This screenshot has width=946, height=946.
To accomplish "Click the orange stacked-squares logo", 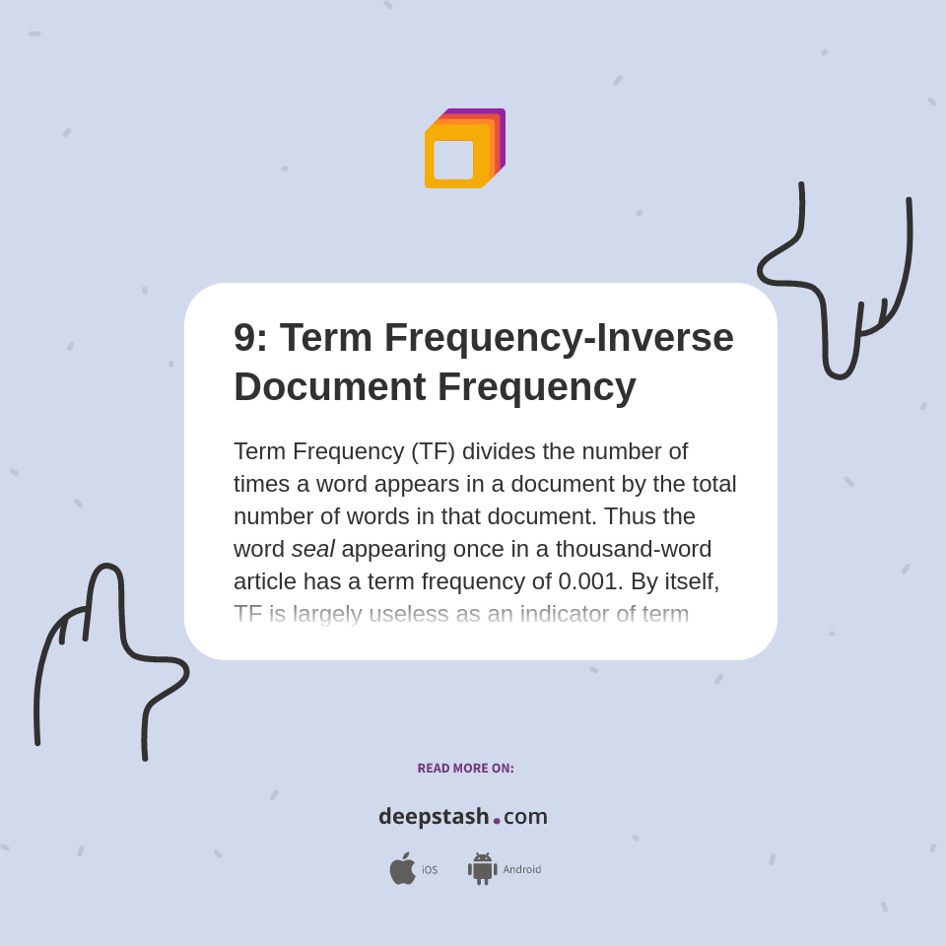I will pyautogui.click(x=463, y=149).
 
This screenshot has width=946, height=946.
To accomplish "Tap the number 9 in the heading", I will pyautogui.click(x=243, y=338).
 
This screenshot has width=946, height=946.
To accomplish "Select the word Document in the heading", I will pyautogui.click(x=329, y=387).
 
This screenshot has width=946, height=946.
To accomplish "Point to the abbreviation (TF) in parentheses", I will pyautogui.click(x=433, y=451).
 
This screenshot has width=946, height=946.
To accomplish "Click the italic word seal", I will pyautogui.click(x=312, y=549).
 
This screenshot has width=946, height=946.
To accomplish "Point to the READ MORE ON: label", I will pyautogui.click(x=465, y=769).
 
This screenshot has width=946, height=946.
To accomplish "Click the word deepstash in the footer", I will pyautogui.click(x=434, y=817).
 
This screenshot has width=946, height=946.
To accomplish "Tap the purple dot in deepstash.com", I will pyautogui.click(x=497, y=820).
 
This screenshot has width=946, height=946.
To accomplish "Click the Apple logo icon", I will pyautogui.click(x=402, y=868).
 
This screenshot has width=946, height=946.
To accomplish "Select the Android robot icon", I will pyautogui.click(x=482, y=868).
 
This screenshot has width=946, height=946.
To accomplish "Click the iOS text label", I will pyautogui.click(x=430, y=870).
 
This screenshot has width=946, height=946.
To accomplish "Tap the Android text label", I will pyautogui.click(x=521, y=870).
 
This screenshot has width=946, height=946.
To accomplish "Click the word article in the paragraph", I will pyautogui.click(x=264, y=581).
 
